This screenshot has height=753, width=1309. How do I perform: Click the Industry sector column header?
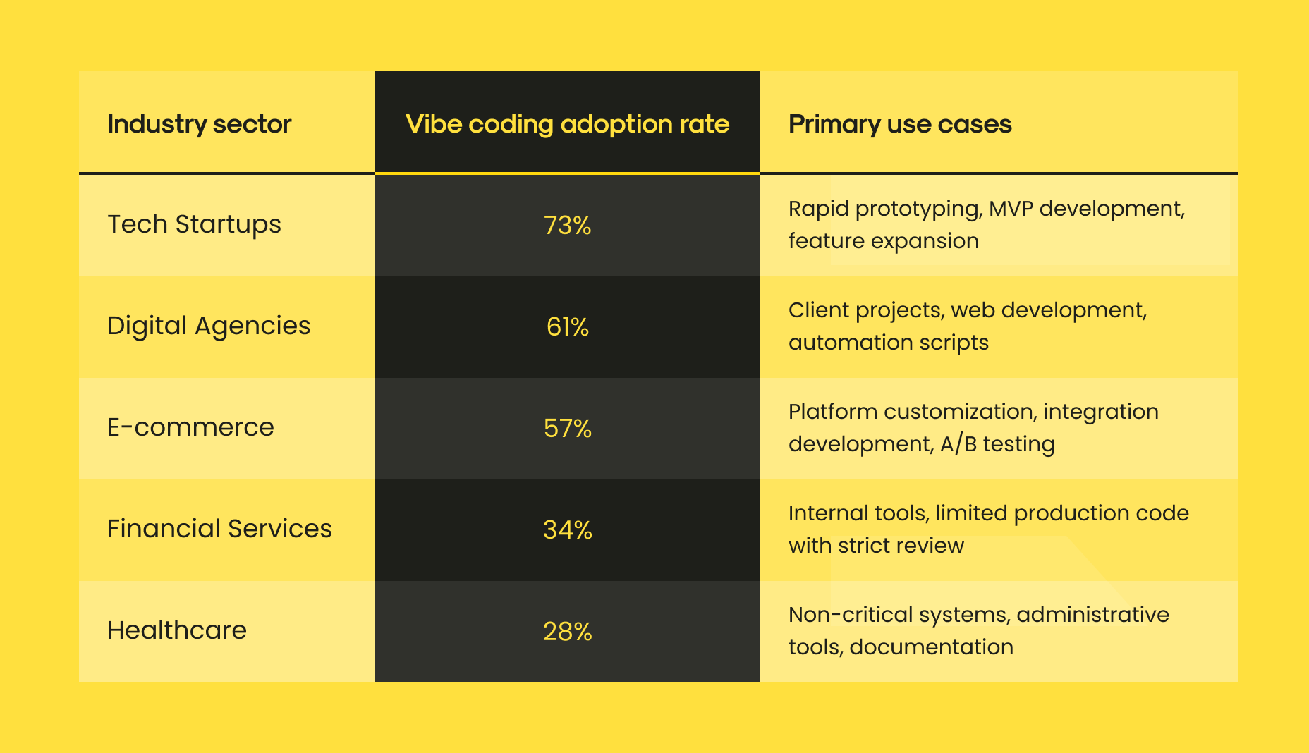pos(199,124)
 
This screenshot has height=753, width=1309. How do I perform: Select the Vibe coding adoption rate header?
pos(567,124)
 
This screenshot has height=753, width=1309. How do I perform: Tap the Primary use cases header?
pos(900,124)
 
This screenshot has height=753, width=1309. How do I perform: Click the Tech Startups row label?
pos(194,224)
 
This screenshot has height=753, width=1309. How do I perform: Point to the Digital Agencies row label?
pos(209,326)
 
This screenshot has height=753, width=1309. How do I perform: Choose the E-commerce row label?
pos(190,427)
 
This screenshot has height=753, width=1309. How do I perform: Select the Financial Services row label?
pos(219,529)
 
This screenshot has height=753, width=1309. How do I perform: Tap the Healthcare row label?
pos(177,630)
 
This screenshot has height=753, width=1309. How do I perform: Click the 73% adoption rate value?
pos(567,226)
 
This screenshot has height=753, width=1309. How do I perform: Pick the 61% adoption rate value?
pos(567,327)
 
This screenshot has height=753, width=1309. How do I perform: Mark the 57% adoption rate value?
pos(567,429)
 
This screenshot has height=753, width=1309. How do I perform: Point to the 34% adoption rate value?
pos(567,530)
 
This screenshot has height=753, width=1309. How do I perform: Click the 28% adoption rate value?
pos(567,632)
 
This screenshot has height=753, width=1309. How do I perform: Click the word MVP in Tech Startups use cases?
pos(1011,209)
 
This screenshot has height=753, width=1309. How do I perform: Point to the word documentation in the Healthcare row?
pos(931,647)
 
